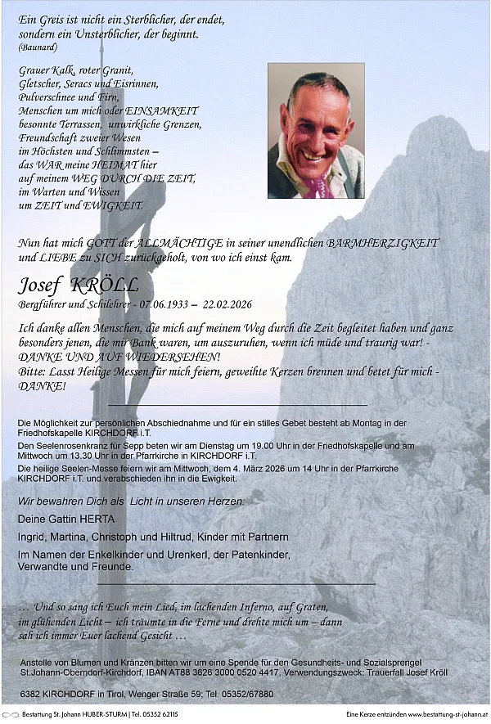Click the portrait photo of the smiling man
point(316,131)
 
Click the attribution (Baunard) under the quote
point(38,47)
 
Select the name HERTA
point(97,519)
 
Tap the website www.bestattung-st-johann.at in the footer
point(447,715)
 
